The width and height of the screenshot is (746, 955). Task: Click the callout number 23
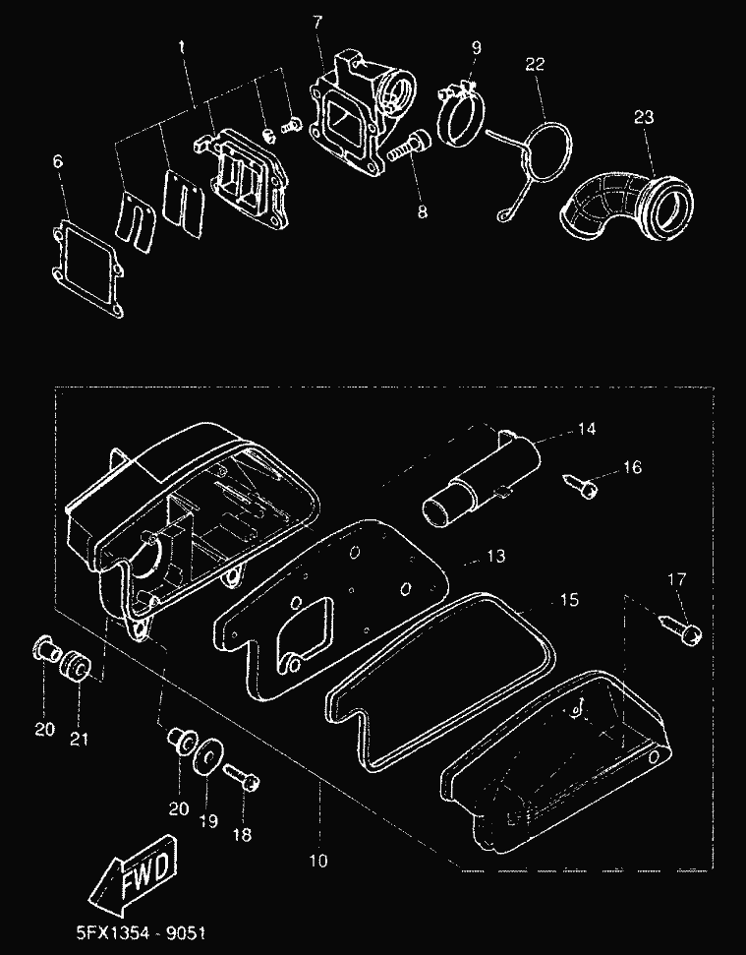pos(643,117)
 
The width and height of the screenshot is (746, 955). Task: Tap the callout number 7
pos(317,21)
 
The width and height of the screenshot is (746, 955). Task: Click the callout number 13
pos(495,557)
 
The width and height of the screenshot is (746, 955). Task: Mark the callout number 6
pos(58,161)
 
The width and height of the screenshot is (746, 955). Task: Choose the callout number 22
pos(535,65)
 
